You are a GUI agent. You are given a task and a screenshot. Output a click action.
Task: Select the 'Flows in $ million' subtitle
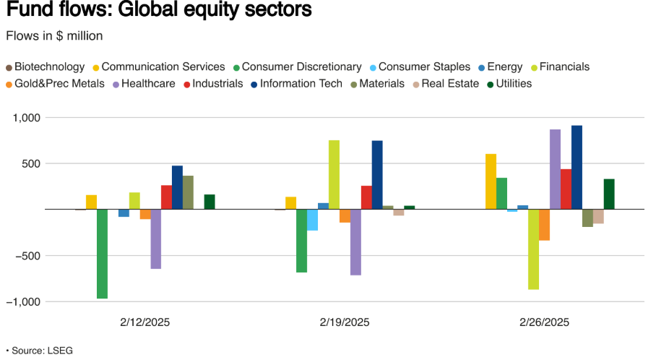pos(53,35)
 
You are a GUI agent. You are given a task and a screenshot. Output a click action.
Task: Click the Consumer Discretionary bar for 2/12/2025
pos(102,254)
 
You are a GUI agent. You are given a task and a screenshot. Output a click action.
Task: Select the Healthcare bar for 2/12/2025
pos(155,239)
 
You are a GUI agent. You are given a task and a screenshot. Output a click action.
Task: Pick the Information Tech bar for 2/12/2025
pos(177,187)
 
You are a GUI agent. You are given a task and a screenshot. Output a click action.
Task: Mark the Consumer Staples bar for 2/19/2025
pos(312,220)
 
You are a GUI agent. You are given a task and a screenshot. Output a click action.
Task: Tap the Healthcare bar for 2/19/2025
pos(355,242)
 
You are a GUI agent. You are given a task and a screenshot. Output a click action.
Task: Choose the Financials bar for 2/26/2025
pos(533,249)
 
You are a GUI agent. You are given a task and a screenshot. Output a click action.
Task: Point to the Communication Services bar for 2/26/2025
pos(491,181)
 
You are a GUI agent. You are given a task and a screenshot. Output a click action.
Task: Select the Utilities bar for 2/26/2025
pos(609,194)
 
